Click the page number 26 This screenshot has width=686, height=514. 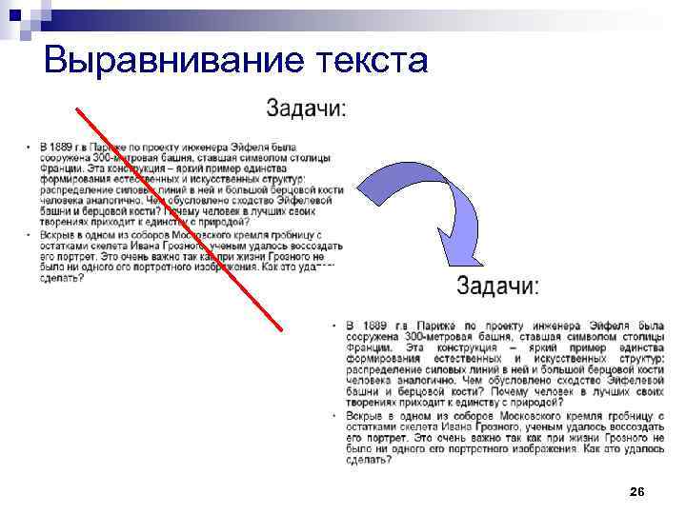coord(637,491)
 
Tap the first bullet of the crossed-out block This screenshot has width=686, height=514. coord(29,147)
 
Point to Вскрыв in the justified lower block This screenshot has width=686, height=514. coord(366,417)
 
